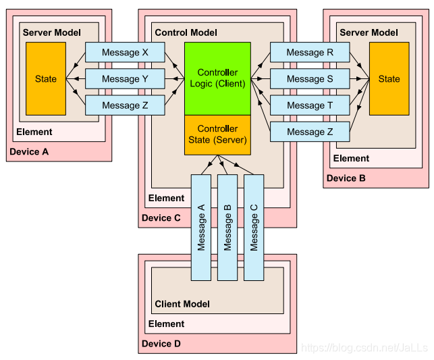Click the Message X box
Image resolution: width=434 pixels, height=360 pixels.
(125, 52)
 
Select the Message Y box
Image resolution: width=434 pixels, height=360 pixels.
(125, 79)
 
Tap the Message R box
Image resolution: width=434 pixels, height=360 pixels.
(310, 52)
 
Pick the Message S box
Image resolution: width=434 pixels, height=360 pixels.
(310, 79)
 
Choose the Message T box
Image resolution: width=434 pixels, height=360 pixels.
(310, 105)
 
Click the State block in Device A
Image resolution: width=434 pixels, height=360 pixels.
(46, 79)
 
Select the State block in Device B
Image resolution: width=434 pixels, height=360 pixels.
(389, 79)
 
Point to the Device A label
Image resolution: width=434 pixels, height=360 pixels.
(29, 152)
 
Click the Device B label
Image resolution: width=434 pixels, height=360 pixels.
(346, 179)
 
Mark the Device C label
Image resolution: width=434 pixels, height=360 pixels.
(161, 218)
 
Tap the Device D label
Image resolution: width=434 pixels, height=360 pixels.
(161, 344)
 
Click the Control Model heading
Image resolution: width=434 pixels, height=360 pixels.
(186, 32)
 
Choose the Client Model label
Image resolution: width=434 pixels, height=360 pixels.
(182, 304)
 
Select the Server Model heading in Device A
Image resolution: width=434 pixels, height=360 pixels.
(52, 32)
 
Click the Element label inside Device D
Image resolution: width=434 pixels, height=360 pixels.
(166, 324)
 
